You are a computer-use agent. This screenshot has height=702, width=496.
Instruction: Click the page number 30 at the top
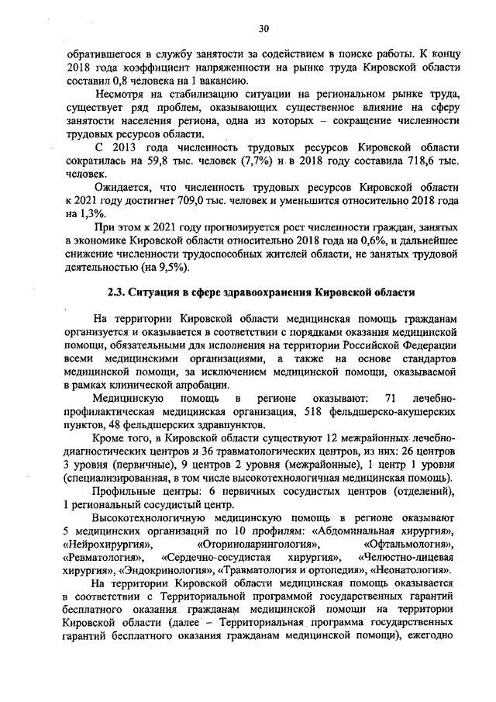point(263,29)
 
